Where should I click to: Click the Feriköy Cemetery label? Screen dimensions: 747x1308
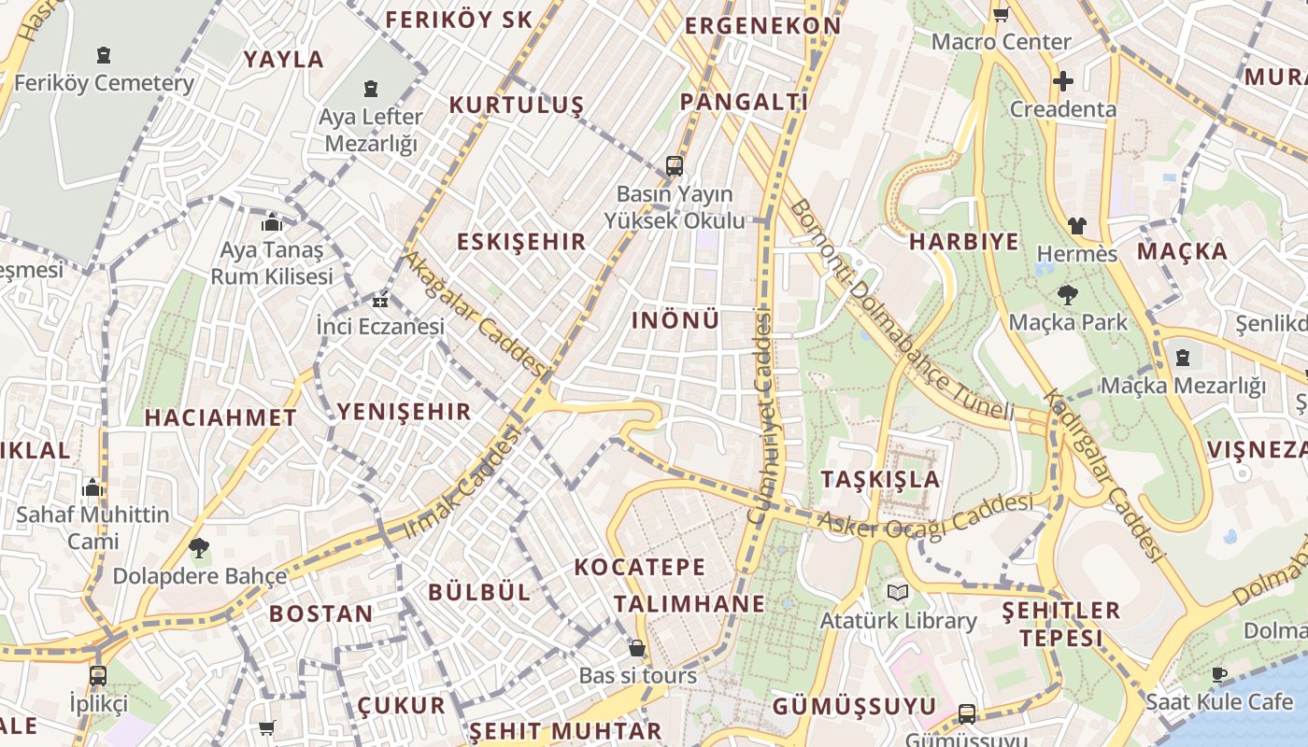click(x=104, y=82)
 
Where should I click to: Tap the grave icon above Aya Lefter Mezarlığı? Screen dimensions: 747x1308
click(x=371, y=90)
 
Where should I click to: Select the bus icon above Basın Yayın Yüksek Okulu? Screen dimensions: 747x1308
click(x=674, y=166)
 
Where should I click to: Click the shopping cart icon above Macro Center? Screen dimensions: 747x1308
click(x=1001, y=14)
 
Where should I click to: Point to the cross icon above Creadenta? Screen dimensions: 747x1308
click(x=1062, y=81)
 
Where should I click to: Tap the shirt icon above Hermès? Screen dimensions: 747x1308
click(x=1076, y=225)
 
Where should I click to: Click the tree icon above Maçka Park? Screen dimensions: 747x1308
click(x=1067, y=296)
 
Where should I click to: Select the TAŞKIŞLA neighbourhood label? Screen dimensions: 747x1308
click(x=880, y=479)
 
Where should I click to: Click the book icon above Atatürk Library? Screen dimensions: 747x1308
click(x=897, y=593)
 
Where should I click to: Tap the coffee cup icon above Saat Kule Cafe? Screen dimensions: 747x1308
click(x=1219, y=674)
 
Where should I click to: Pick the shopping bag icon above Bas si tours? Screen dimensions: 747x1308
click(x=637, y=648)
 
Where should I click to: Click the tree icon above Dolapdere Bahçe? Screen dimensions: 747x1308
click(x=198, y=548)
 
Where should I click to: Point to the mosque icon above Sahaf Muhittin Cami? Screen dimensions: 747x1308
click(x=92, y=487)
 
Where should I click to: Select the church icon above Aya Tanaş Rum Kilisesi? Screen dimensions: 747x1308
click(x=272, y=223)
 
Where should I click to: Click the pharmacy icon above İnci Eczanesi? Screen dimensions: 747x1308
click(x=379, y=301)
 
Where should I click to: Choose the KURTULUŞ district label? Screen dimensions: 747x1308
click(x=516, y=105)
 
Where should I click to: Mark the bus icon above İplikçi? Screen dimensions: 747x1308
click(x=98, y=675)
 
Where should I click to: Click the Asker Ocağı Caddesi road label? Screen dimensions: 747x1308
click(x=925, y=515)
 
